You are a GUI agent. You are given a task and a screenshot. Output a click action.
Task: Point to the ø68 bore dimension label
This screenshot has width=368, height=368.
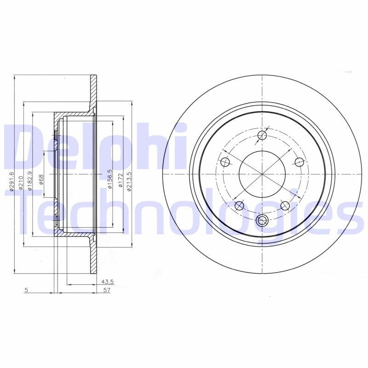point(41,179)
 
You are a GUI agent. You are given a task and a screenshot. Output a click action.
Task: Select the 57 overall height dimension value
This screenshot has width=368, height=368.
point(107,290)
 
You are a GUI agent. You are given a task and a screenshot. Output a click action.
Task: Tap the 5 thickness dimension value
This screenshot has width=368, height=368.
point(27,290)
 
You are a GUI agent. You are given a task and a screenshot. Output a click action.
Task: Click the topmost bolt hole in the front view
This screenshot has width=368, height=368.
point(262,135)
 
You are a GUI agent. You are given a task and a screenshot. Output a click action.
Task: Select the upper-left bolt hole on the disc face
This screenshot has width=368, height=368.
point(225,162)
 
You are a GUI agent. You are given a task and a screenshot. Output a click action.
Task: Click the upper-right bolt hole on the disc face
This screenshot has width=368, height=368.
point(299,161)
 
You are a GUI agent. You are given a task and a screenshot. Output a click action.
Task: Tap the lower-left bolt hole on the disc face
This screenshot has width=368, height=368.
point(239,205)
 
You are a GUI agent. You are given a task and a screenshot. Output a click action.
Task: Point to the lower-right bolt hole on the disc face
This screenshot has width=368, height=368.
point(285,205)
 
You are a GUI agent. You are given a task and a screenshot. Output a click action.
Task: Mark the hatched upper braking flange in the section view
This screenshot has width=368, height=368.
point(94,90)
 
